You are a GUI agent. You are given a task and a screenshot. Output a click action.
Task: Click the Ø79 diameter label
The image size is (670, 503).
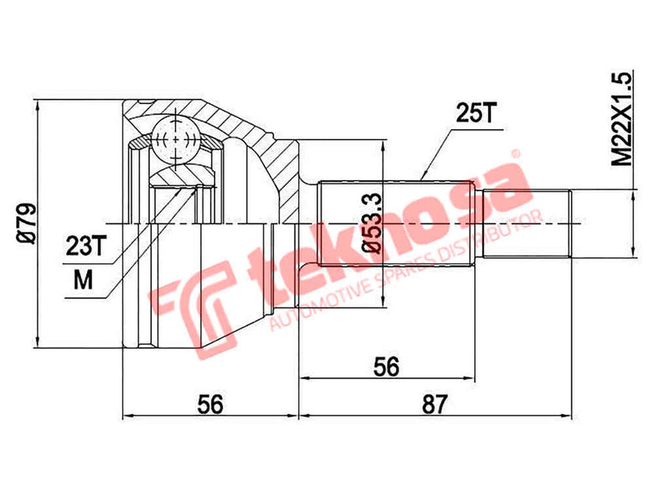(x=26, y=224)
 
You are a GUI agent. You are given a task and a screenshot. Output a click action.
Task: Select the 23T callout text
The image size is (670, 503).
(x=86, y=245)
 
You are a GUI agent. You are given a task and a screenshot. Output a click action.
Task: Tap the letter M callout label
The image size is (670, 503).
(x=82, y=279)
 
